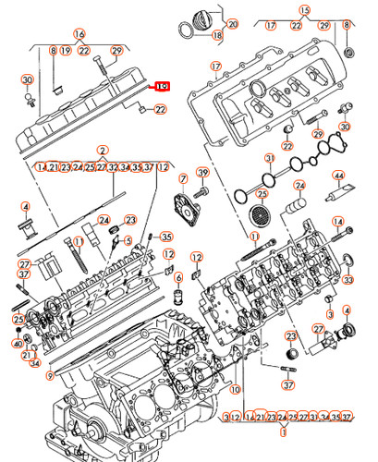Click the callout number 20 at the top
pos(232,22)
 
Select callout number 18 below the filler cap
pos(217,36)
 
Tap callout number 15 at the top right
pos(306,11)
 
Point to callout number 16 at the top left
pos(79,32)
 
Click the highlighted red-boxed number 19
pos(163,86)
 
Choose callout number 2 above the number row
pos(103,150)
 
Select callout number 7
pos(184,178)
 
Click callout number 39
pos(202,173)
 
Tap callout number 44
pos(339,176)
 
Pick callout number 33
pos(349,278)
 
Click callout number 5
pos(128,242)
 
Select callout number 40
pos(16,344)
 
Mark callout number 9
pos(50,375)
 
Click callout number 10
pos(235,389)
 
